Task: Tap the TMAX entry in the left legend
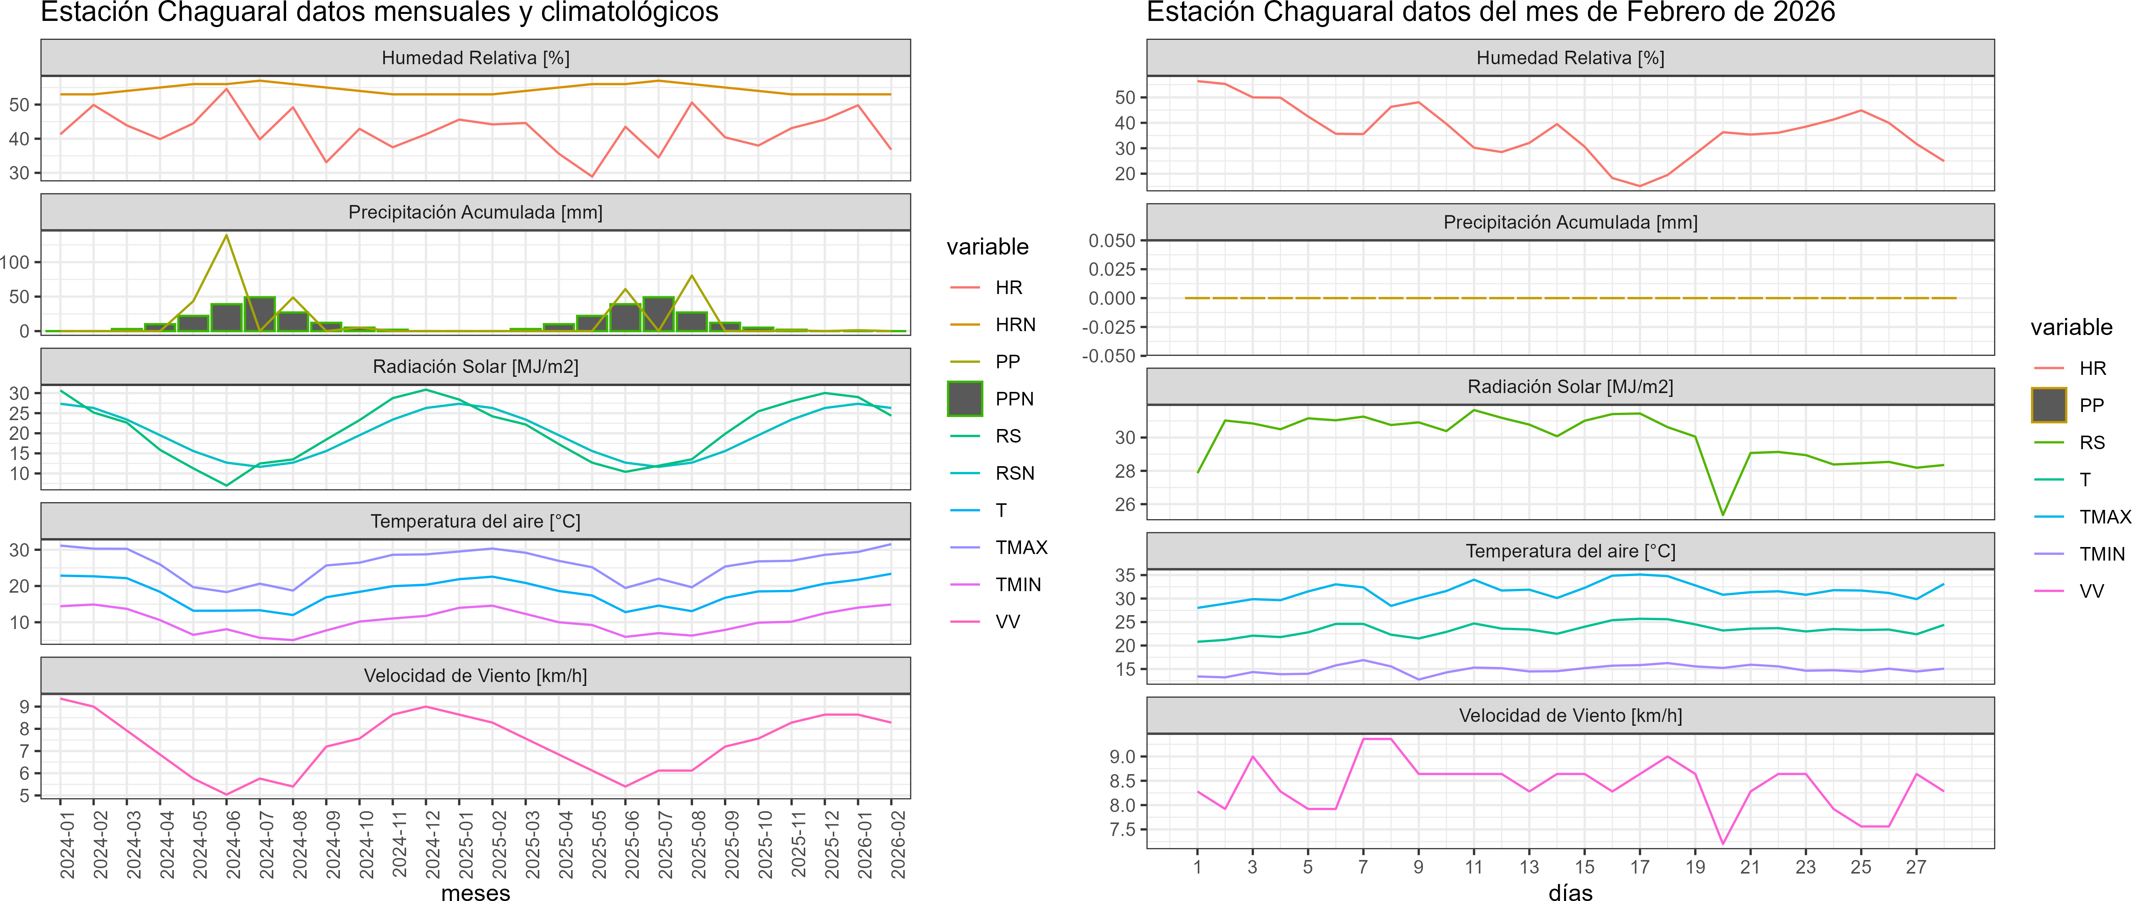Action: [x=1021, y=548]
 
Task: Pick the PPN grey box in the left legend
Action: [x=965, y=399]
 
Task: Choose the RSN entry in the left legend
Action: [x=1015, y=473]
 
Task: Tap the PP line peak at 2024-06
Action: [x=227, y=236]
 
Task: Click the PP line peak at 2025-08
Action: [x=692, y=275]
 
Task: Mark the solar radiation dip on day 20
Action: [x=1722, y=515]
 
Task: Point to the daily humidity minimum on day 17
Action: [x=1640, y=186]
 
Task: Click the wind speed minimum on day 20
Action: [x=1722, y=844]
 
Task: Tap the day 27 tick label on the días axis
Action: [x=1916, y=867]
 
